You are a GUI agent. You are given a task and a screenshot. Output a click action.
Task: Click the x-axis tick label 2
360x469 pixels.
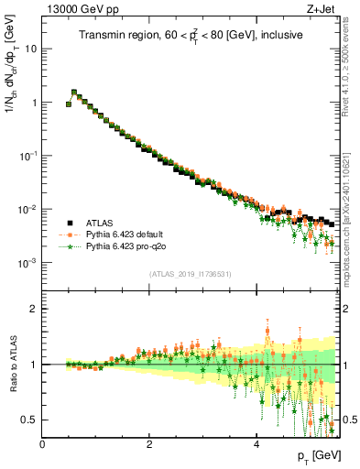coord(149,443)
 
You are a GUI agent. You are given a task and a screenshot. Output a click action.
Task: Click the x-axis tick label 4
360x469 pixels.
coord(256,443)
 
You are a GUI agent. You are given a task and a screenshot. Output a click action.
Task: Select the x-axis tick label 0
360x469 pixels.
coord(42,443)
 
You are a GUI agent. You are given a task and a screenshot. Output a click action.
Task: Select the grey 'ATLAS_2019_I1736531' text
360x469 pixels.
coord(190,274)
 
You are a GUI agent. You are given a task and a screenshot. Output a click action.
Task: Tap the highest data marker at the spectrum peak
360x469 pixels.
coord(74,92)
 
